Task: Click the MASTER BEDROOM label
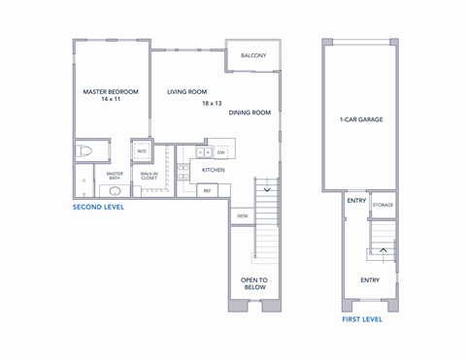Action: coord(111,91)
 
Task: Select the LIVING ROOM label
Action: coord(187,92)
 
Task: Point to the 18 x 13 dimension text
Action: coord(212,103)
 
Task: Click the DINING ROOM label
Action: coord(250,113)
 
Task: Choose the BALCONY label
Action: coord(253,55)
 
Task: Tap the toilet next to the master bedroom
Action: coord(85,151)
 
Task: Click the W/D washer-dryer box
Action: coord(142,151)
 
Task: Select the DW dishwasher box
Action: coord(220,152)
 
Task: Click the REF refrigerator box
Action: coord(207,190)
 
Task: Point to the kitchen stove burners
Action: coord(183,172)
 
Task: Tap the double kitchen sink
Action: coord(203,152)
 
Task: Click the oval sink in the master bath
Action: coord(115,191)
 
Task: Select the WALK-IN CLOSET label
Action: coord(149,177)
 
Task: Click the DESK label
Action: coord(242,215)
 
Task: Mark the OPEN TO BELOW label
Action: coord(253,283)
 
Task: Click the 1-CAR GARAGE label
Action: coord(360,120)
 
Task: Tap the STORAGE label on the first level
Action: coord(383,205)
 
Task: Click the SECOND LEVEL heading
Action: coord(98,207)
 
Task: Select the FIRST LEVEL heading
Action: coord(361,318)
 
